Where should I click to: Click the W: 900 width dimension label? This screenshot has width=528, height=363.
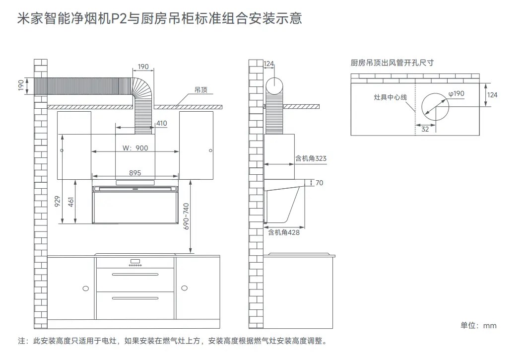click(x=135, y=148)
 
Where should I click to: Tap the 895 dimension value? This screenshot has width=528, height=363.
click(x=135, y=173)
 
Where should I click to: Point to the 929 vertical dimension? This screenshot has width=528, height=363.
click(x=57, y=201)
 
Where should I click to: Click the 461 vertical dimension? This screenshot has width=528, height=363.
click(x=71, y=202)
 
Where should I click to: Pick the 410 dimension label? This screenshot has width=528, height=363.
click(x=162, y=123)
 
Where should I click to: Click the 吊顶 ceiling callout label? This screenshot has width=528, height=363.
click(x=201, y=90)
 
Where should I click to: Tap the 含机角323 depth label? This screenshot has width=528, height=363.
click(x=311, y=158)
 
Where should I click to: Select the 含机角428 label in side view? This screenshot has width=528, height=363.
click(x=284, y=232)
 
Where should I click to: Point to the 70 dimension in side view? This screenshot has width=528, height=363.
click(x=319, y=183)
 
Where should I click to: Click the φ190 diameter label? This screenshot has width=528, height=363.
click(x=456, y=93)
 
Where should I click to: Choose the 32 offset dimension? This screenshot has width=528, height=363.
click(x=425, y=129)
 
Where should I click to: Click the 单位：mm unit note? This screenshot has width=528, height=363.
click(x=478, y=325)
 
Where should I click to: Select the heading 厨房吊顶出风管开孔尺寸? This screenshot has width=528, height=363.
click(x=392, y=63)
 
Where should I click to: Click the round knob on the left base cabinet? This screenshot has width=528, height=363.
click(x=86, y=288)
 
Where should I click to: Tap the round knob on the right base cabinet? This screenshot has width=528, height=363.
click(x=185, y=288)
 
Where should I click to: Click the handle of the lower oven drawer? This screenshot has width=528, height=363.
click(x=135, y=297)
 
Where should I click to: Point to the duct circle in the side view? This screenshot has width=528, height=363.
click(x=274, y=85)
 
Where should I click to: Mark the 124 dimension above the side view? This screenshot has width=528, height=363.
click(x=268, y=64)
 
